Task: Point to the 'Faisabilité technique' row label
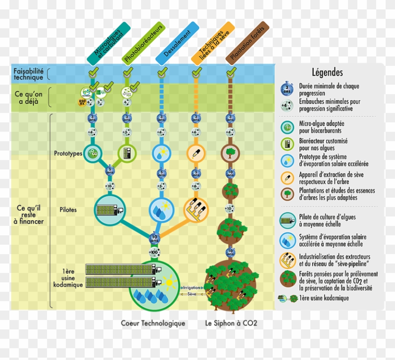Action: (x=28, y=73)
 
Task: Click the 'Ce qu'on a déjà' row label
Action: (x=29, y=98)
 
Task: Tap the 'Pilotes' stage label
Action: (x=69, y=209)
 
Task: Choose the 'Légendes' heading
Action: (x=327, y=72)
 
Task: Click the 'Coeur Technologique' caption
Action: (x=153, y=323)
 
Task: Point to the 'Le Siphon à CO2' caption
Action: (x=231, y=323)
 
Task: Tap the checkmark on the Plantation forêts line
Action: (x=230, y=73)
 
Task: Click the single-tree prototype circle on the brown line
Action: (x=230, y=152)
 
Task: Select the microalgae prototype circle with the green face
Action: (x=93, y=152)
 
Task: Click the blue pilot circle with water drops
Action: (x=162, y=209)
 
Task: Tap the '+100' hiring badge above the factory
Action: (x=154, y=253)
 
